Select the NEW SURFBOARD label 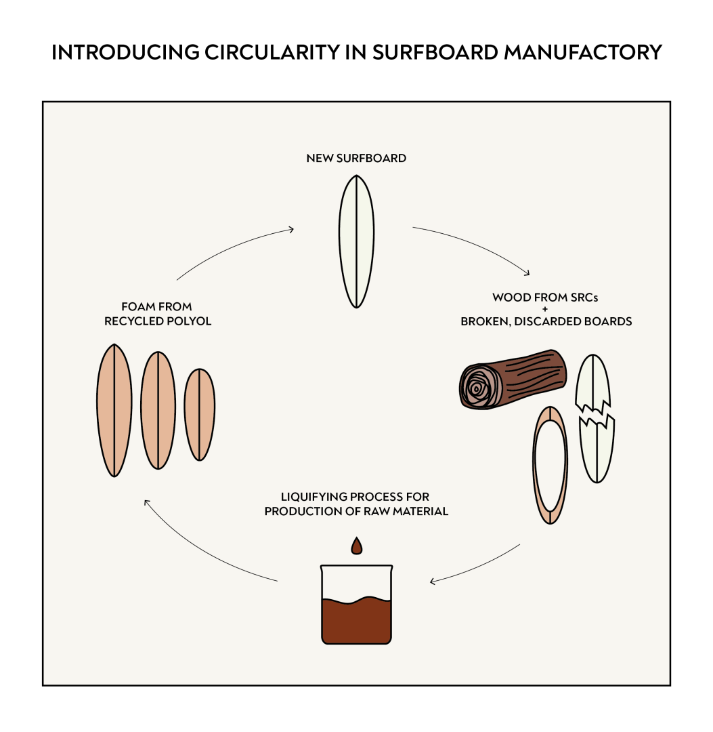[356, 159]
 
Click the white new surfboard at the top [356, 241]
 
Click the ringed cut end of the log [478, 388]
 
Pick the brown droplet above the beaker [356, 546]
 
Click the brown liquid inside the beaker [356, 620]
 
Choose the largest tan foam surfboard [114, 410]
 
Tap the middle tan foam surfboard [158, 410]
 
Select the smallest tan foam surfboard [200, 415]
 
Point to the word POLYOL [188, 321]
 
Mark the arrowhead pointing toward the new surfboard [290, 229]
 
